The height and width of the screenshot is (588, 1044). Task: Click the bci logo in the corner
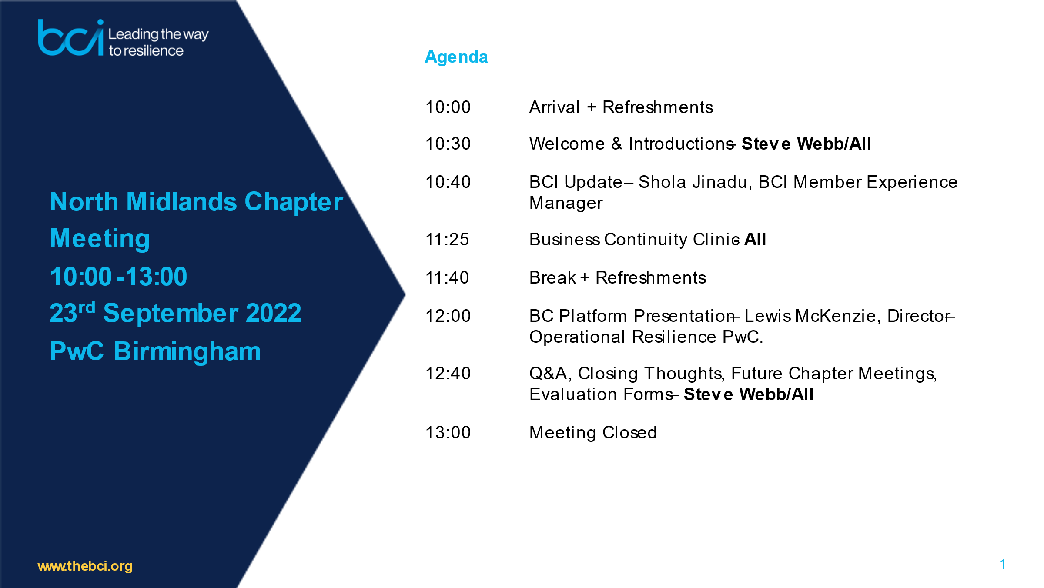[71, 38]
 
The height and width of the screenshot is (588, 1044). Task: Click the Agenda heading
[456, 57]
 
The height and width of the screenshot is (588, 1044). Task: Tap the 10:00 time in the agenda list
[448, 107]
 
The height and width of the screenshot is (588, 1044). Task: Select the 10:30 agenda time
[448, 144]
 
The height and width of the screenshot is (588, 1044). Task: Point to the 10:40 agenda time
[448, 182]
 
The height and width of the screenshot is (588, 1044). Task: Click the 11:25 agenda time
[447, 240]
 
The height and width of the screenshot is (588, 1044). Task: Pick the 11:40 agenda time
[447, 278]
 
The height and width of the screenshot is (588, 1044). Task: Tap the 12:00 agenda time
[448, 316]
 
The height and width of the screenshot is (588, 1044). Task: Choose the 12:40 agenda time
[448, 374]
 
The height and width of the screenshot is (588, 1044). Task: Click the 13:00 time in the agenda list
[448, 433]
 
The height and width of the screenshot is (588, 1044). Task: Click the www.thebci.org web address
[85, 566]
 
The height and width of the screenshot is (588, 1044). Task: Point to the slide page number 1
[1003, 565]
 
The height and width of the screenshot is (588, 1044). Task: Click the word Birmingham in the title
[187, 352]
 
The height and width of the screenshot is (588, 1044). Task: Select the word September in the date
[171, 314]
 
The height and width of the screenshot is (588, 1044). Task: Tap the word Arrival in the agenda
[555, 107]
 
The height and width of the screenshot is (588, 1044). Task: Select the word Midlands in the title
[182, 202]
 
